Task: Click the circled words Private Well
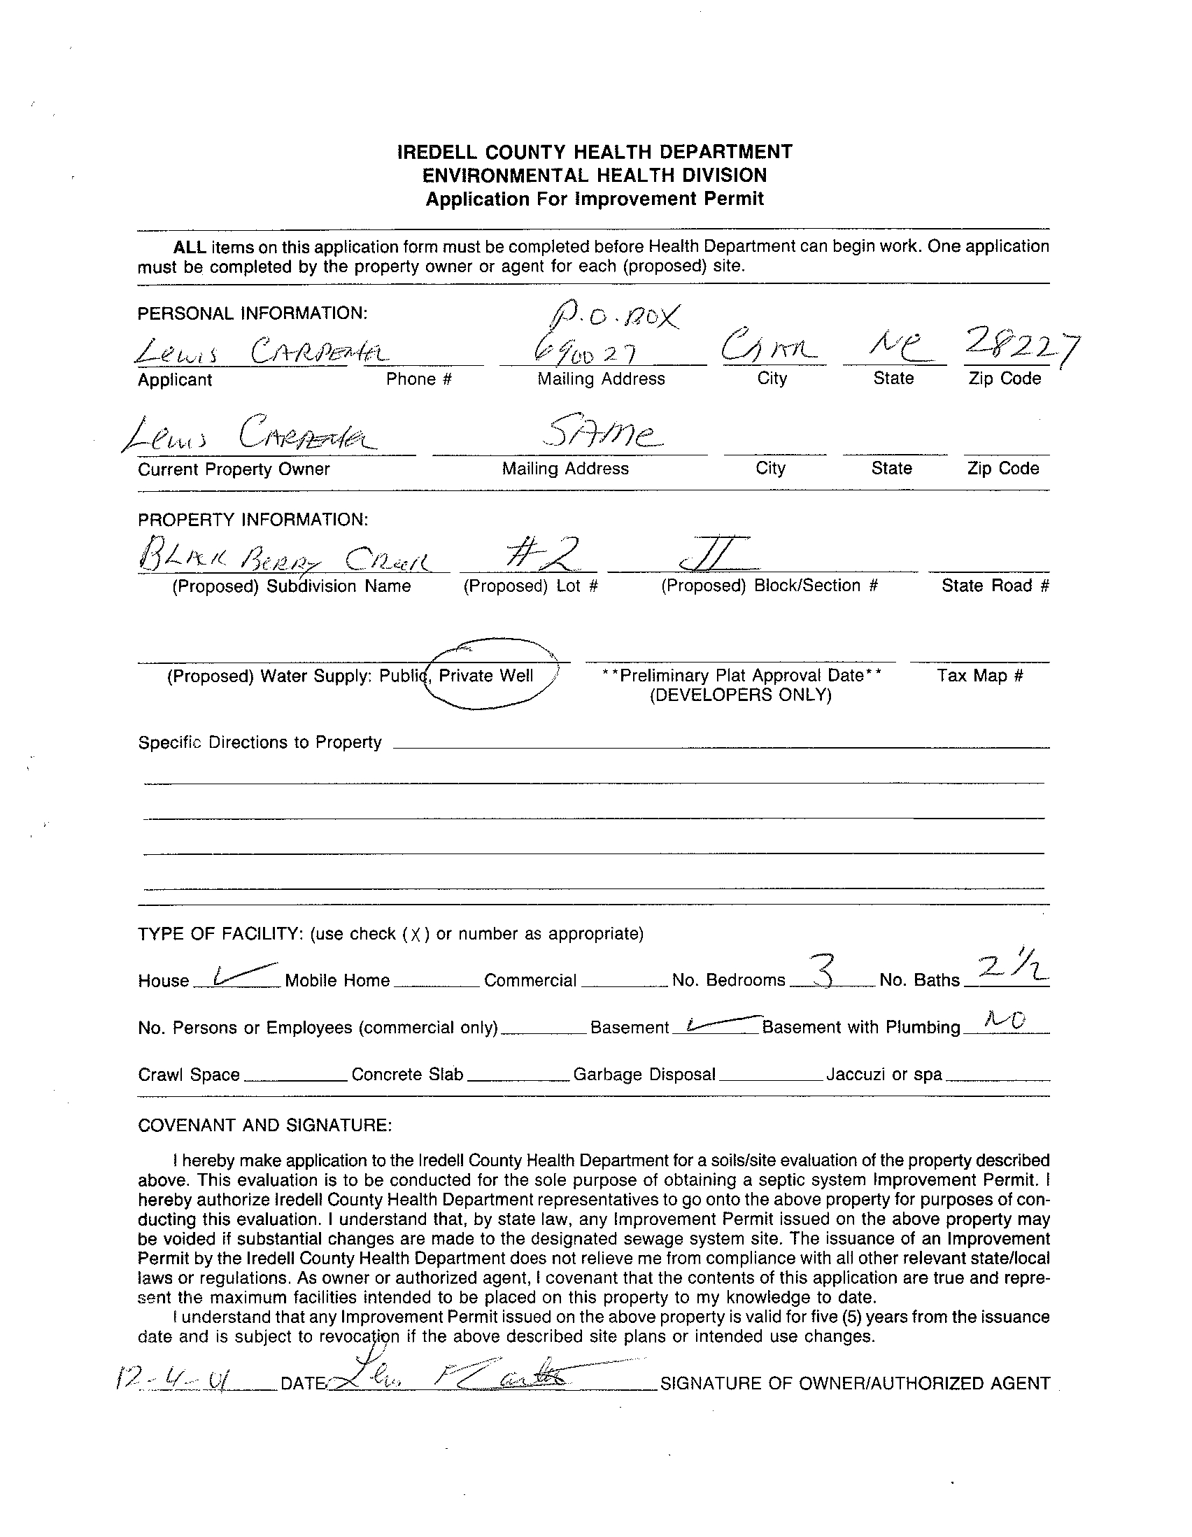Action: click(485, 676)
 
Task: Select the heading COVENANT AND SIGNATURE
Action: click(264, 1125)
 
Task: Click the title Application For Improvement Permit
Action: click(595, 199)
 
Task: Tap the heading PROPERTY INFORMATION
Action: click(253, 519)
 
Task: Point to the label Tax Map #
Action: click(979, 676)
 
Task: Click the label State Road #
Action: click(995, 586)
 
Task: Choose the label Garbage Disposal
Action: click(644, 1075)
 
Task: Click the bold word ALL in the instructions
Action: click(190, 247)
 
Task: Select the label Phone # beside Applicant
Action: click(419, 379)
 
